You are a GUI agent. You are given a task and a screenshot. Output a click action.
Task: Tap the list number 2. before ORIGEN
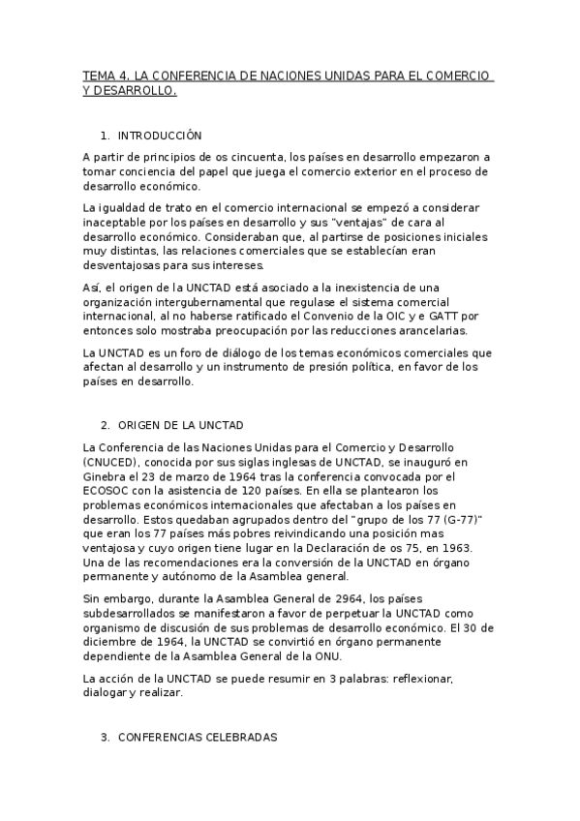[105, 425]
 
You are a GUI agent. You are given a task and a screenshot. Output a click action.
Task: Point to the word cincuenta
[257, 157]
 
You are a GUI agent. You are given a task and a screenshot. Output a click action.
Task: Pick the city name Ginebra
[104, 476]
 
